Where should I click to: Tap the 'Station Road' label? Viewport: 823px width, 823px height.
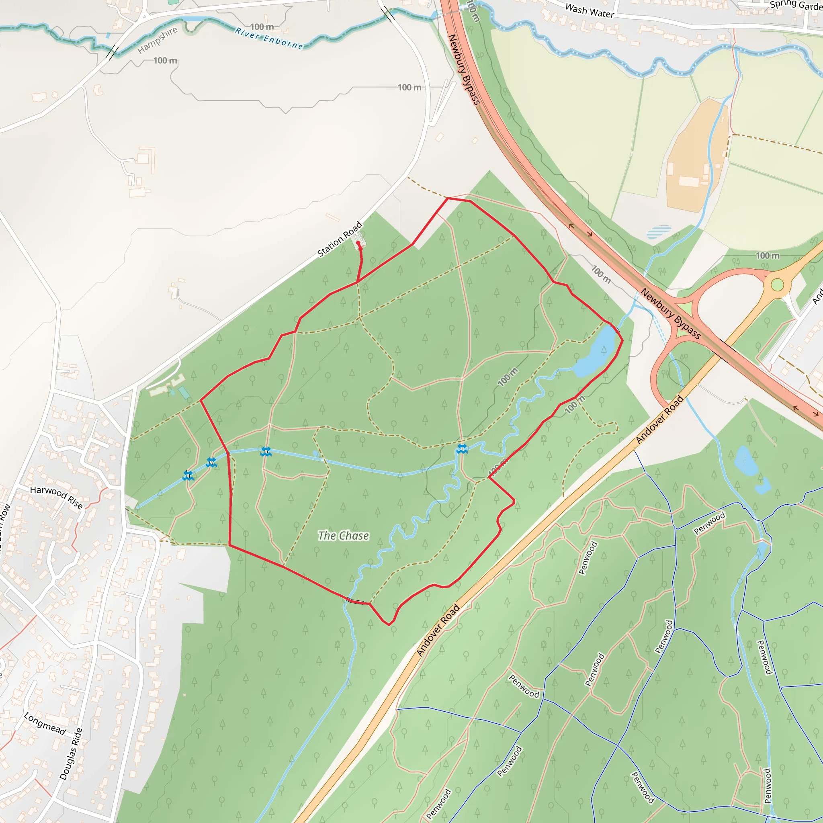tap(340, 239)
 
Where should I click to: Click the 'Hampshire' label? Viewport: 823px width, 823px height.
tap(157, 40)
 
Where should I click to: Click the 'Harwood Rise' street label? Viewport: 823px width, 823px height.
tap(57, 497)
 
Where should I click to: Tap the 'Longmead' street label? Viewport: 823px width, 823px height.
tap(45, 723)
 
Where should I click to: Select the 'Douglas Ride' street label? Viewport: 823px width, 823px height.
tap(71, 754)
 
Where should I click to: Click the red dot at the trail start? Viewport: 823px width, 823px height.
tap(358, 243)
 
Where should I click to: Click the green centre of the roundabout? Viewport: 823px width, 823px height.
tap(777, 285)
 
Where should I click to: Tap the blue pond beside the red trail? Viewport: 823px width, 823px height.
tap(596, 352)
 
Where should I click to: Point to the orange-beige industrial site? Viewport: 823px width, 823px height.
tap(694, 158)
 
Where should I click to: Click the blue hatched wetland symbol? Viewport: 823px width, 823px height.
tap(659, 232)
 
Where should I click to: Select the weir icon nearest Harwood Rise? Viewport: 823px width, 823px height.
tap(188, 476)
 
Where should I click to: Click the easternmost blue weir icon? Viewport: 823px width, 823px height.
tap(462, 448)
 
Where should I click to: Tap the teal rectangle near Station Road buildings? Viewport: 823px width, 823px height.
tap(184, 392)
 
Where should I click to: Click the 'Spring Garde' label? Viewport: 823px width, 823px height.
tap(796, 5)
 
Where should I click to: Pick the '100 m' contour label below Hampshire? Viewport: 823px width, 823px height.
tap(165, 61)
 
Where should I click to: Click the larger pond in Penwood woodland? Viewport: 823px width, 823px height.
tap(746, 460)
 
